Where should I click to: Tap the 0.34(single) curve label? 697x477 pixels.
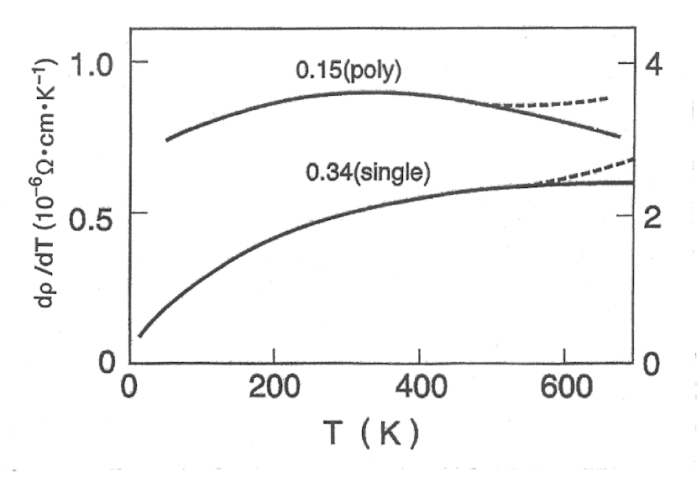[369, 174]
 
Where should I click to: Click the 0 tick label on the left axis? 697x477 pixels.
[107, 364]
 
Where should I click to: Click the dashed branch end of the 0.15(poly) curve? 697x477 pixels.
[606, 98]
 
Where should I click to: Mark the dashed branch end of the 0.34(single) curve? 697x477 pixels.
[631, 159]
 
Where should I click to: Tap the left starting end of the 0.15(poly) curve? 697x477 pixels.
[167, 139]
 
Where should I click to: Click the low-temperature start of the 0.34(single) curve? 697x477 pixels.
[139, 336]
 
